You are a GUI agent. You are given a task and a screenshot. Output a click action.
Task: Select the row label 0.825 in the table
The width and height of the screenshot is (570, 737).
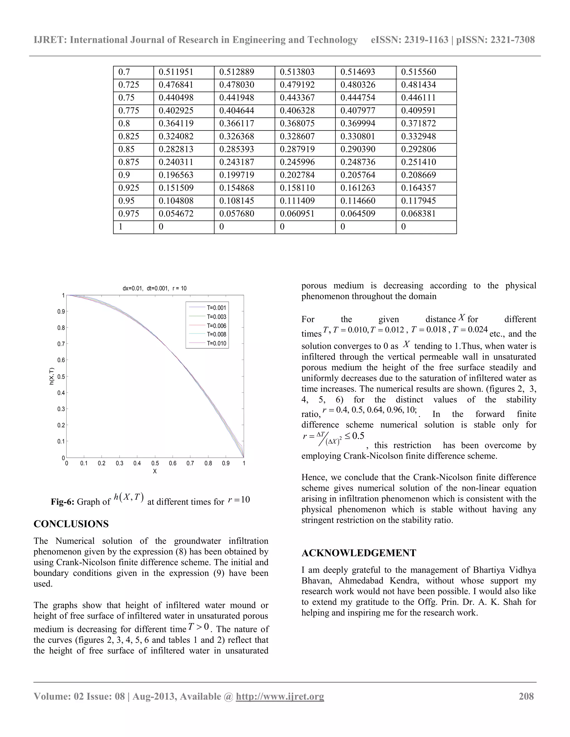point(128,137)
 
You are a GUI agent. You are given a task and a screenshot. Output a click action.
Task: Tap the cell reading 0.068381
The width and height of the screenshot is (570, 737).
point(418,214)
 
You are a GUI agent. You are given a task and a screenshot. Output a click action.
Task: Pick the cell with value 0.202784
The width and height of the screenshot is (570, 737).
point(297,175)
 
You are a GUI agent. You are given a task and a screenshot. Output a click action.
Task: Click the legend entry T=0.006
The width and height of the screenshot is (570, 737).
point(217,326)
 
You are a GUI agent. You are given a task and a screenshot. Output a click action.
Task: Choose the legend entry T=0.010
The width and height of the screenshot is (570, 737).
point(217,343)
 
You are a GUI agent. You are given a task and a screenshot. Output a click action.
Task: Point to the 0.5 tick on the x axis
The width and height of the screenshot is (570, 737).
point(155,463)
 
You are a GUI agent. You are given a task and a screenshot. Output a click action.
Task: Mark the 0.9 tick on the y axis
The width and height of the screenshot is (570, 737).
point(61,311)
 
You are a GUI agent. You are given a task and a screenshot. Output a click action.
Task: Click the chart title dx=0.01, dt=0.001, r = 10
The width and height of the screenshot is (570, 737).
point(154,288)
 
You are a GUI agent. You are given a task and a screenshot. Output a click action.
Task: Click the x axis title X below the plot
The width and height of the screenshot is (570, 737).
point(155,471)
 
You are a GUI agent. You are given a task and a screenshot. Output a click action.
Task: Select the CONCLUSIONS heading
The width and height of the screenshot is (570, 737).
point(71,524)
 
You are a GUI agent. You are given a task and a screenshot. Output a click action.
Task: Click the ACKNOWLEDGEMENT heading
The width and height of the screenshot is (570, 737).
point(358,553)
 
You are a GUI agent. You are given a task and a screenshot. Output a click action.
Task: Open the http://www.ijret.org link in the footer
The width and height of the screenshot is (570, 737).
point(280,696)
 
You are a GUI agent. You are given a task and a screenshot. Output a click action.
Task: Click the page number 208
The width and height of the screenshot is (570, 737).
point(526,696)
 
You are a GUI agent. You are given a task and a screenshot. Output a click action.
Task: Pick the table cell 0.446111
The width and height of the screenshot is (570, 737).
point(418,98)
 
